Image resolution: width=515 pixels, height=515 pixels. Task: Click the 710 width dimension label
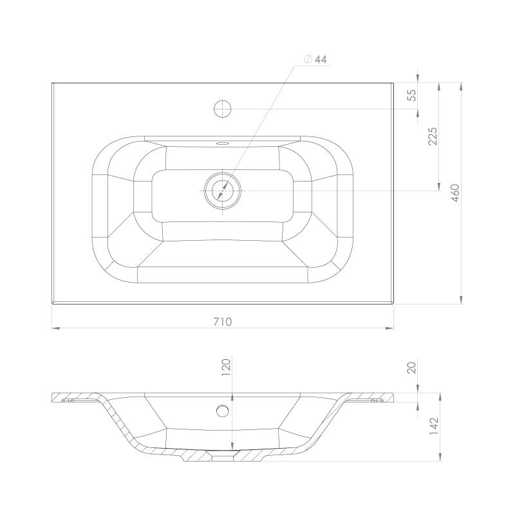pos(223,321)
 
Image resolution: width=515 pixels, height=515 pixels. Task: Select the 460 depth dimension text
pos(455,193)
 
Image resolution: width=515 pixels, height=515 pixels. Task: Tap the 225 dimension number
pos(433,136)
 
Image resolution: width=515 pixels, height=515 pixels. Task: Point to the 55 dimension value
pos(411,95)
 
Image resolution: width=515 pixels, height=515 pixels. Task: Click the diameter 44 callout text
pos(315,59)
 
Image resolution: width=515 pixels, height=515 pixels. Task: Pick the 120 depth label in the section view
pos(227,367)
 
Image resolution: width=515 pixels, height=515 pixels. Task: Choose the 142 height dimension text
pos(434,426)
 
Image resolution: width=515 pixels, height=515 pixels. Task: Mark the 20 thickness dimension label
pos(411,368)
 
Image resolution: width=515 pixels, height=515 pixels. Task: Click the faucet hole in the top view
pos(223,109)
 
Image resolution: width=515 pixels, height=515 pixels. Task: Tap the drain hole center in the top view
pos(223,191)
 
